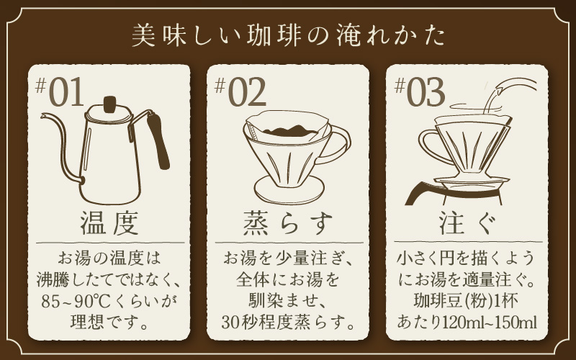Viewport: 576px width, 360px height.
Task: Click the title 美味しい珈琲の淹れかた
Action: point(288,37)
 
